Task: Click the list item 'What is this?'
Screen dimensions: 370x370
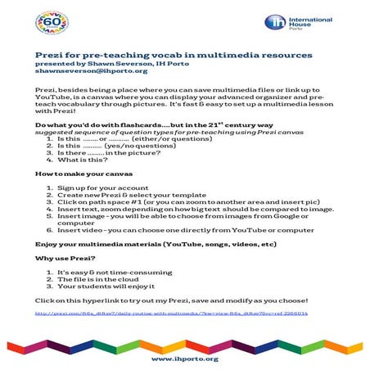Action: (82, 161)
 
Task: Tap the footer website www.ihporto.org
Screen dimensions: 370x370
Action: (184, 357)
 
